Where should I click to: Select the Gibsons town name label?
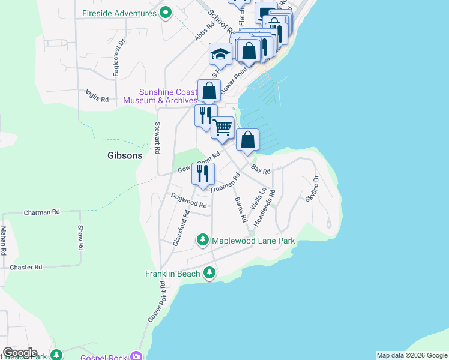(x=125, y=155)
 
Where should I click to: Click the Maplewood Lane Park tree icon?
(x=203, y=241)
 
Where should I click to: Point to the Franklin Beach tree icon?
(x=209, y=274)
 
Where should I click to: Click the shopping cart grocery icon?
(x=223, y=128)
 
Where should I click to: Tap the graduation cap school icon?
(x=220, y=54)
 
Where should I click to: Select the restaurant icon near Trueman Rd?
(x=203, y=174)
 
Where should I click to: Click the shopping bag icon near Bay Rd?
(x=247, y=141)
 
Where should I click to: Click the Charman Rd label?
(x=42, y=212)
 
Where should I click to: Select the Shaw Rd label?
(x=80, y=237)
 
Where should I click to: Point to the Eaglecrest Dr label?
(x=118, y=58)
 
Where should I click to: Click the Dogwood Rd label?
(x=188, y=200)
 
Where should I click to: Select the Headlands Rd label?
(x=267, y=208)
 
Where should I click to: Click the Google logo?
(x=20, y=353)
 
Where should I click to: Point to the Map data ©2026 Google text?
(x=412, y=355)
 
